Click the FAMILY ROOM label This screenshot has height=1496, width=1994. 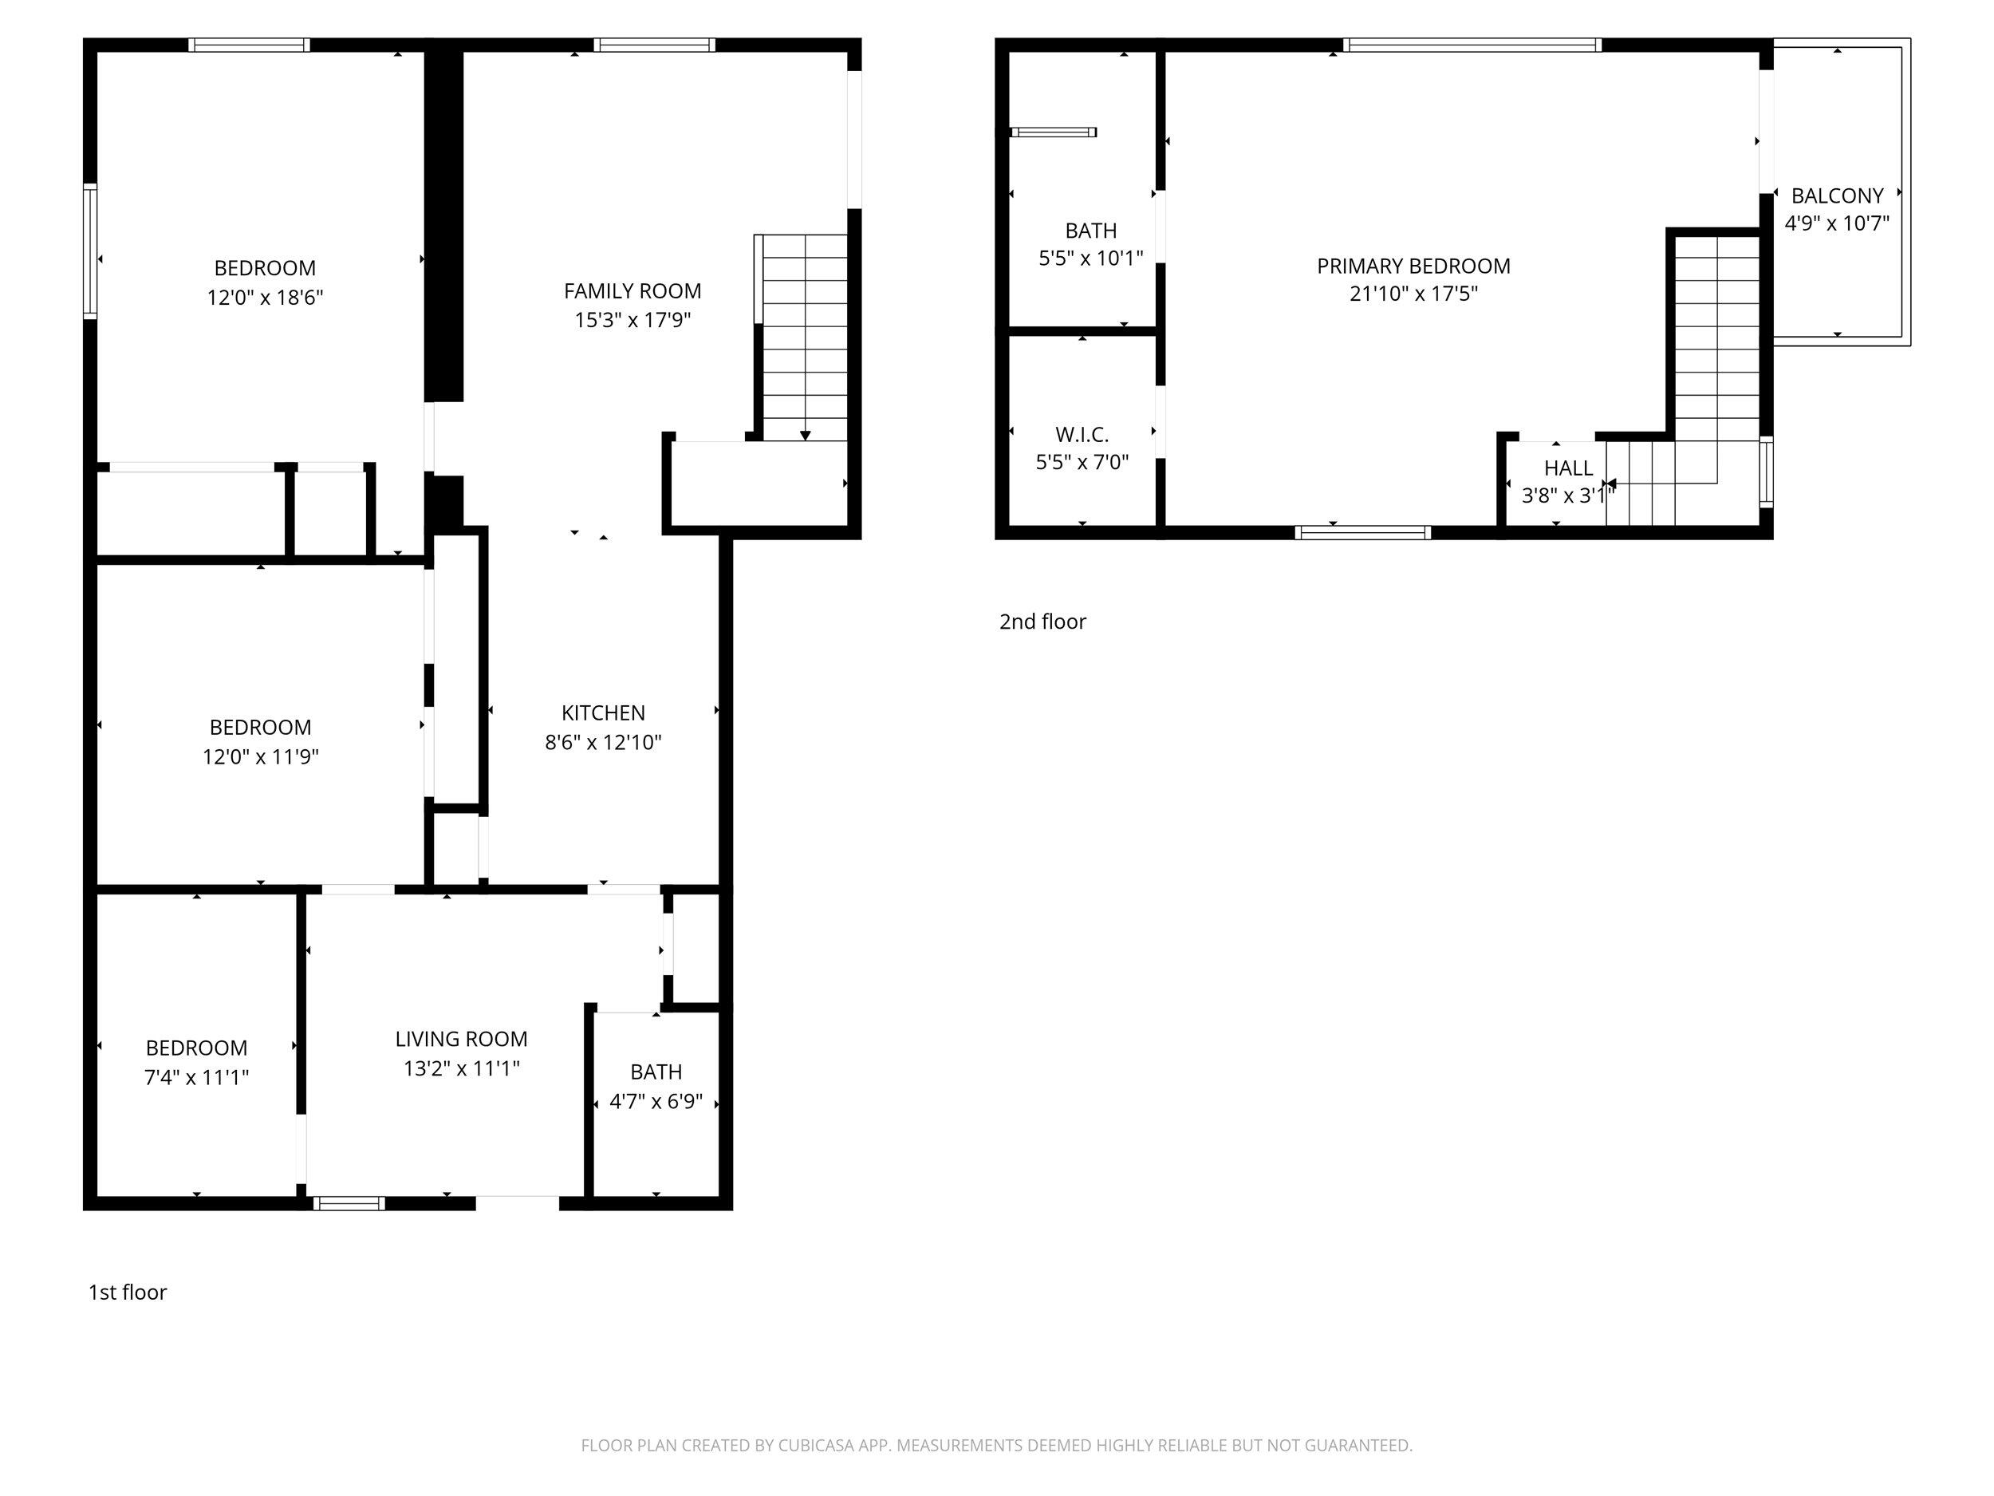click(632, 290)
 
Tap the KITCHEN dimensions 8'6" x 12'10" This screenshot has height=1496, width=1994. click(603, 742)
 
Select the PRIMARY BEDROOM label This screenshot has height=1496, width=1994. click(1413, 266)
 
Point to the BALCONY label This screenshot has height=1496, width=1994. click(1836, 195)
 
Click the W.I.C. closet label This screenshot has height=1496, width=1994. click(1082, 435)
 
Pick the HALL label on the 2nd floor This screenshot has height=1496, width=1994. click(1567, 468)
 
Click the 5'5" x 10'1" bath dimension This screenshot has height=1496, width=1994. click(1091, 259)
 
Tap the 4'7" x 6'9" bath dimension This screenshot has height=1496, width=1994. click(656, 1101)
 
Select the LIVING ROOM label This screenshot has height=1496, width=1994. click(461, 1039)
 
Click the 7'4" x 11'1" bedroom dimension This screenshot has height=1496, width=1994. click(196, 1076)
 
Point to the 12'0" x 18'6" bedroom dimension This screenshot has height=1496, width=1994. click(265, 298)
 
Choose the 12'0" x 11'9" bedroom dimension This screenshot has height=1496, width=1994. click(261, 756)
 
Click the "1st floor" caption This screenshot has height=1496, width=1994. click(127, 1293)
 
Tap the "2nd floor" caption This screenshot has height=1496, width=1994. click(1042, 622)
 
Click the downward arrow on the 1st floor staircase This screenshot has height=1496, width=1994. click(805, 435)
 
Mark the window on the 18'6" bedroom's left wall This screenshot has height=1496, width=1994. click(90, 251)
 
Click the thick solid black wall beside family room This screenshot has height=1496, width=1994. click(443, 226)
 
